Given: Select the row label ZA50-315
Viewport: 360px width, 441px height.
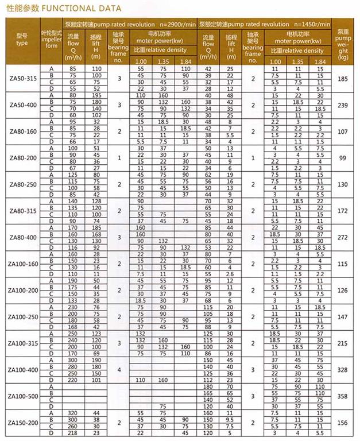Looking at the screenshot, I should (x=22, y=79).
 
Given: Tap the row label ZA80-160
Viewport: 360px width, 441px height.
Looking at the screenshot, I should (x=22, y=131).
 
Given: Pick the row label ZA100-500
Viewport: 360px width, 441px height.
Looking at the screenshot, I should (x=22, y=396).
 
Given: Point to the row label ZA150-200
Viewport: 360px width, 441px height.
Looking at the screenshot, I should (x=22, y=423).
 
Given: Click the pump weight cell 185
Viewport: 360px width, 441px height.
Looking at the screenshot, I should (x=343, y=79).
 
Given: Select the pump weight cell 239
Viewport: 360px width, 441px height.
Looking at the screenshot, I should (x=343, y=105).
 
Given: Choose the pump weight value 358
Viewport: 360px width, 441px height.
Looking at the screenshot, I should (x=343, y=396).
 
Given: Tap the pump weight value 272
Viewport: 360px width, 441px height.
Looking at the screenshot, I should (x=343, y=237).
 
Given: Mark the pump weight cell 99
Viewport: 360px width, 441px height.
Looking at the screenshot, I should (x=343, y=158).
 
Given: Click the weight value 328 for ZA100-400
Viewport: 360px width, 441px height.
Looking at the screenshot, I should (x=343, y=370).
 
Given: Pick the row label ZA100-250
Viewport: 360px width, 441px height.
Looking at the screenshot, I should (x=22, y=317).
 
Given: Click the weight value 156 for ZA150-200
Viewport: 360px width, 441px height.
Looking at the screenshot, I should (x=343, y=423).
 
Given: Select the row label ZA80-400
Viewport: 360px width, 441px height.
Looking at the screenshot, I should (x=22, y=237).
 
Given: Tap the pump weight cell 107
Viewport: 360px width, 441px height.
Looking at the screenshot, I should (x=343, y=131).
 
